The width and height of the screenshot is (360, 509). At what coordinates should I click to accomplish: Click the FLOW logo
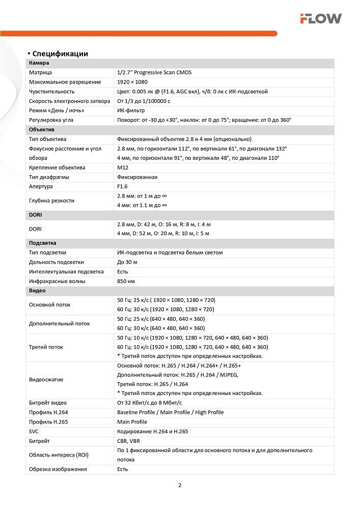320,19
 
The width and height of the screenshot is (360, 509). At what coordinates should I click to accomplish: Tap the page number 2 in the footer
180,484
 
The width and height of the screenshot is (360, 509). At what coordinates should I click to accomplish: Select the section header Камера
39,63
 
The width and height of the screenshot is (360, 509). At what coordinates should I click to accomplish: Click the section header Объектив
42,129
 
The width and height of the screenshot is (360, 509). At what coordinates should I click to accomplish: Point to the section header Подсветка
43,243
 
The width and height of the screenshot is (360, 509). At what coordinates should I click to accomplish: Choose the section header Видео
38,290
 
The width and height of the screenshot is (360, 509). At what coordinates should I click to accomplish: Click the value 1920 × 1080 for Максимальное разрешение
132,82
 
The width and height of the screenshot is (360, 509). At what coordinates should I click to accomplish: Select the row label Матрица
41,72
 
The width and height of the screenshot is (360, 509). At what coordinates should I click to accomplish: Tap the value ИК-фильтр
131,110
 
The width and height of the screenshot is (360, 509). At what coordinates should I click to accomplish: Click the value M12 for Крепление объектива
123,167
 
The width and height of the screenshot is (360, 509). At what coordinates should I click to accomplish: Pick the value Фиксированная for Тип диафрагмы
137,177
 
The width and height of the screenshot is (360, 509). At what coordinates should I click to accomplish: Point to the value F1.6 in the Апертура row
123,186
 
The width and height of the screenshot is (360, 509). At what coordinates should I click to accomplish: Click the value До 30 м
127,262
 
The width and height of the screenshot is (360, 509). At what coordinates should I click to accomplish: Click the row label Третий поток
46,347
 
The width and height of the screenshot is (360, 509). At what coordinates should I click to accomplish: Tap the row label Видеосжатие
47,380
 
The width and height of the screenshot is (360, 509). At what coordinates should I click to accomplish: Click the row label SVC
34,431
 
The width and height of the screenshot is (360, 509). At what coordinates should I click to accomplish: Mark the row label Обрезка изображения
58,469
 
